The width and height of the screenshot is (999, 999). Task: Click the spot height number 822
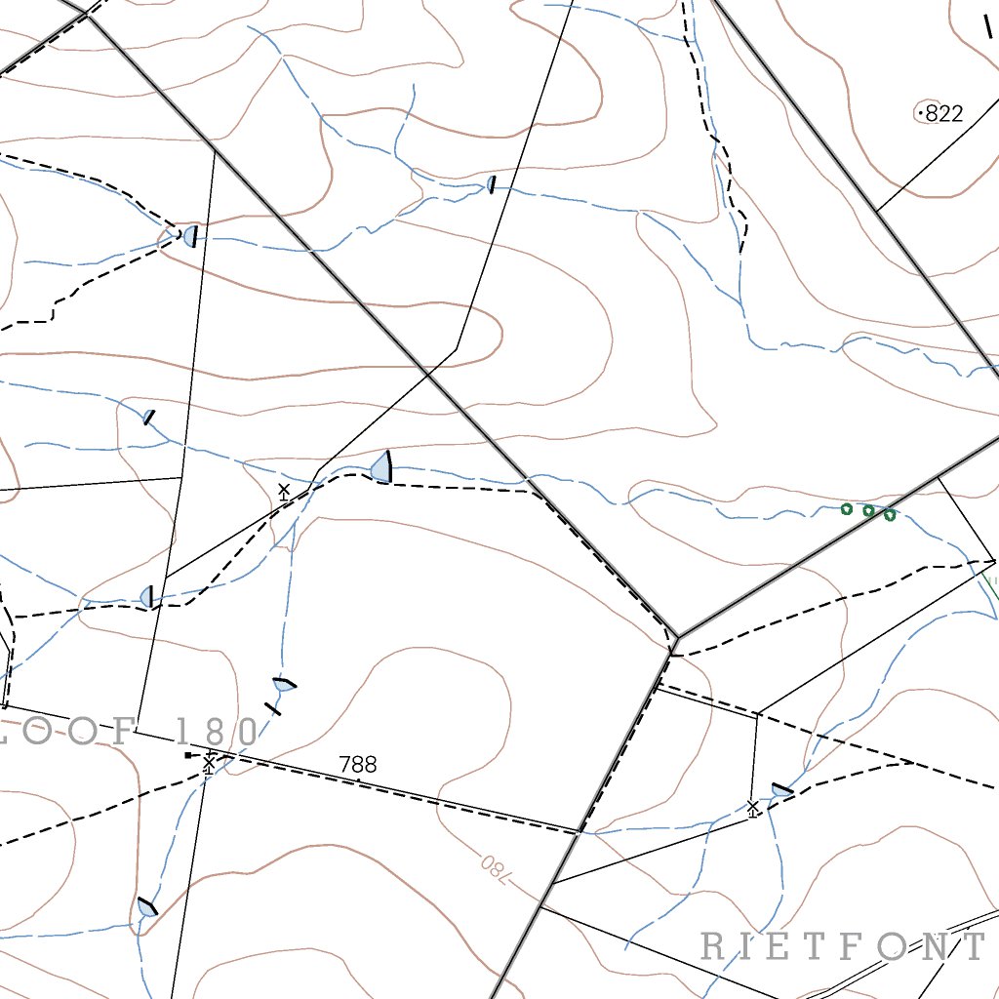click(944, 114)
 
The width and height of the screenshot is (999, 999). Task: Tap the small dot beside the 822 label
click(920, 114)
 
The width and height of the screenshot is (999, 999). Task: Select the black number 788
click(358, 765)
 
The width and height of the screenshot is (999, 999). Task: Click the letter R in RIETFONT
click(713, 945)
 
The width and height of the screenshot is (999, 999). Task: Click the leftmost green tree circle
click(847, 508)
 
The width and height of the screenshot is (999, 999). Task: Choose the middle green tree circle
click(868, 510)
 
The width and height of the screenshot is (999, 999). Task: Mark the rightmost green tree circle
click(890, 514)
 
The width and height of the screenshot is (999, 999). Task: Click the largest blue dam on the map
click(381, 468)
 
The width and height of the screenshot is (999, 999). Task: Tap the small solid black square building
click(187, 754)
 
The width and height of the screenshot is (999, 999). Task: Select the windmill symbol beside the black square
click(209, 762)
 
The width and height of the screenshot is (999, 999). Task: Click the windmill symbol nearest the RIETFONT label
click(752, 808)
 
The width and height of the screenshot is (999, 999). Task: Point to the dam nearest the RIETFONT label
click(781, 790)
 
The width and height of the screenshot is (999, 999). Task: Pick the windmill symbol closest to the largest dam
click(284, 491)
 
